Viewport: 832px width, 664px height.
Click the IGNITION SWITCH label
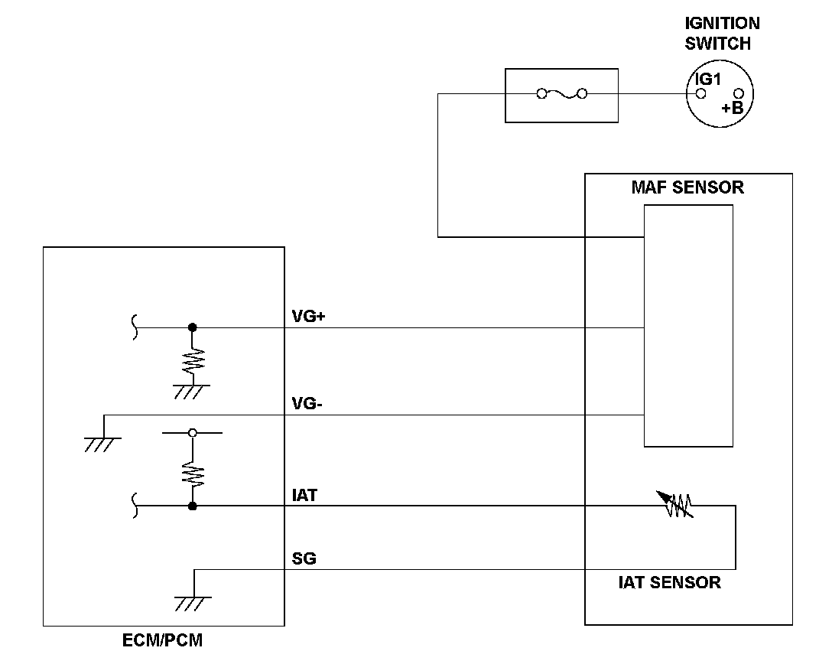pyautogui.click(x=722, y=33)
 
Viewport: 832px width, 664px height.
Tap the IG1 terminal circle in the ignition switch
pyautogui.click(x=701, y=94)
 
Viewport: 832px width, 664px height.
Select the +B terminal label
pyautogui.click(x=733, y=109)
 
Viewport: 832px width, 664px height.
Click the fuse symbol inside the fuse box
pyautogui.click(x=562, y=94)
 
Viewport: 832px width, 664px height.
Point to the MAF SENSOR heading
pyautogui.click(x=687, y=187)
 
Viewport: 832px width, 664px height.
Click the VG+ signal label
pyautogui.click(x=308, y=317)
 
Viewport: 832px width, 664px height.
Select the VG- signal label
pyautogui.click(x=307, y=404)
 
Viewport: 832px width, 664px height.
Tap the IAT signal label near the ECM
pyautogui.click(x=304, y=495)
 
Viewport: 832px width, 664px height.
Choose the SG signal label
pyautogui.click(x=304, y=558)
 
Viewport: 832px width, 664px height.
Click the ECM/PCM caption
pyautogui.click(x=162, y=640)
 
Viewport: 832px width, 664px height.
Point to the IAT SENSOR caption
pyautogui.click(x=670, y=582)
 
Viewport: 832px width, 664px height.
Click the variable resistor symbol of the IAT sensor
pyautogui.click(x=675, y=503)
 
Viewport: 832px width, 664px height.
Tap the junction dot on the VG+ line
pyautogui.click(x=193, y=327)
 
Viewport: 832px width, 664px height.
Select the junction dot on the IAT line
pyautogui.click(x=193, y=506)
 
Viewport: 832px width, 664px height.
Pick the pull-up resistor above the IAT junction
pyautogui.click(x=193, y=474)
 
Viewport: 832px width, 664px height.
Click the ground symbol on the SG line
pyautogui.click(x=193, y=604)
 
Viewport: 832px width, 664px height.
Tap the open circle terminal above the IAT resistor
pyautogui.click(x=193, y=433)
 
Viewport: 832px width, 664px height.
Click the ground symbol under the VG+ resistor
pyautogui.click(x=192, y=392)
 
